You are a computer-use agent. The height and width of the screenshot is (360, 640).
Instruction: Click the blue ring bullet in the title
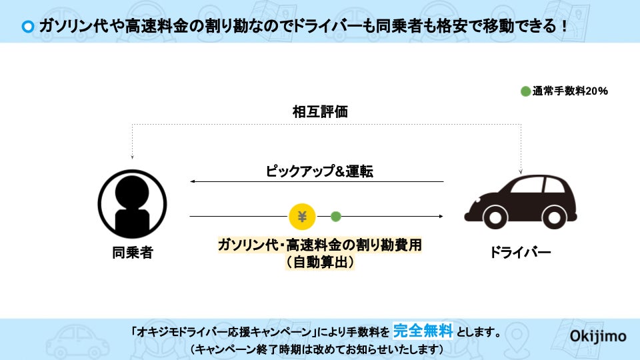pos(27,27)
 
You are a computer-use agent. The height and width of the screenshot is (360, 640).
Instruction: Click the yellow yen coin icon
pos(302,216)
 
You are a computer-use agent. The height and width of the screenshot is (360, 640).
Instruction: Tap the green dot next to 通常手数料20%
pos(525,91)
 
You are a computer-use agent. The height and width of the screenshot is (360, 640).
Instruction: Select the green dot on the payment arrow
pos(336,216)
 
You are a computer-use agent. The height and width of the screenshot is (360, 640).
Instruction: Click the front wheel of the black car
pos(495,216)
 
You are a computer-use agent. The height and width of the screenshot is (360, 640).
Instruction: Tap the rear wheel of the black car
pos(555,216)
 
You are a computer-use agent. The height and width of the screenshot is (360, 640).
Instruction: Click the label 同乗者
pos(132,253)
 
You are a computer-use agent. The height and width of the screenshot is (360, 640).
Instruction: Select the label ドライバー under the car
pos(520,253)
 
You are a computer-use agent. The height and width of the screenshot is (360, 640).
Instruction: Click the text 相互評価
pos(320,112)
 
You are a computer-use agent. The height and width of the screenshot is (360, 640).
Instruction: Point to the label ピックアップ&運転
pos(319,171)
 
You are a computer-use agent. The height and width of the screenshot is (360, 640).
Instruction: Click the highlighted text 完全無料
pos(423,330)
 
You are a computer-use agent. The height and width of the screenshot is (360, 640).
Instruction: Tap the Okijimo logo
pos(598,336)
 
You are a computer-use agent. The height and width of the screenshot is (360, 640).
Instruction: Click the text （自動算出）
pos(319,262)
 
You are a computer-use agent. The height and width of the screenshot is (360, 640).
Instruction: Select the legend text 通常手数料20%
pos(570,91)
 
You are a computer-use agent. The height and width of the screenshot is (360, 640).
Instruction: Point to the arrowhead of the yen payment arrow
pos(441,216)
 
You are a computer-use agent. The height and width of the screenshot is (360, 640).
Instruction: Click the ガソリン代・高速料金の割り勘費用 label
pos(319,245)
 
